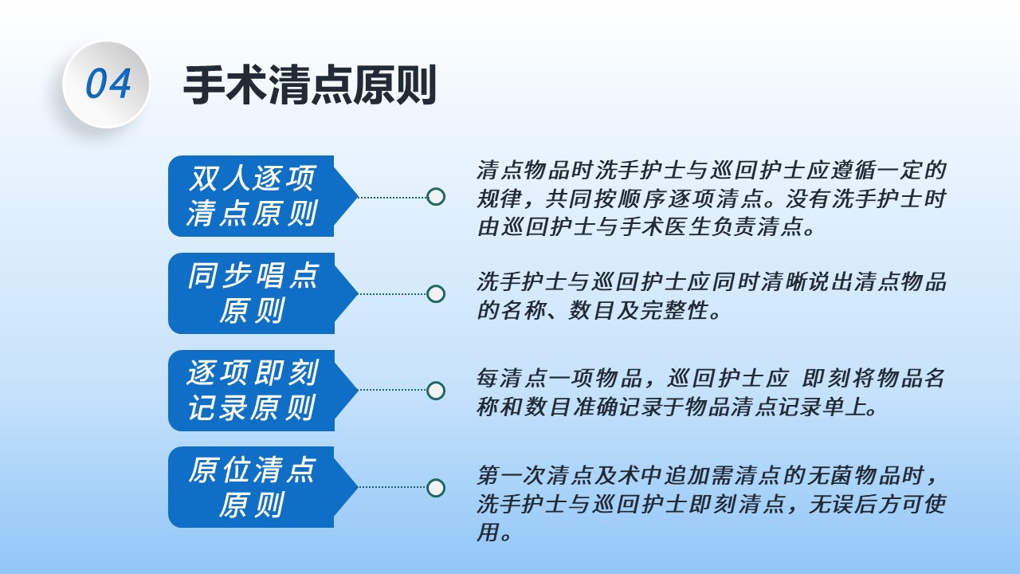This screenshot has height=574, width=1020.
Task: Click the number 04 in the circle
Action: [108, 84]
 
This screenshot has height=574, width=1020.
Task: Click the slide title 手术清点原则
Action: [310, 85]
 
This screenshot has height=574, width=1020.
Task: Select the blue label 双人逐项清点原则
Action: [263, 196]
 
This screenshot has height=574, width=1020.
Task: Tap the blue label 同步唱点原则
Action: [263, 293]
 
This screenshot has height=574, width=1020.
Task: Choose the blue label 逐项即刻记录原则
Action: [263, 391]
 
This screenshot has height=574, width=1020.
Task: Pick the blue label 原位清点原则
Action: [263, 487]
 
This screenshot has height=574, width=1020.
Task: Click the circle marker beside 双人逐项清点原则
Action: [436, 197]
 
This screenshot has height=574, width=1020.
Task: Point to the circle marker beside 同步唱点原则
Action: [436, 294]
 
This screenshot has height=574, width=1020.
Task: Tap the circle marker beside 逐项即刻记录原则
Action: [436, 391]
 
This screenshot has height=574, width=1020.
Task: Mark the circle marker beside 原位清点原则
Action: [436, 488]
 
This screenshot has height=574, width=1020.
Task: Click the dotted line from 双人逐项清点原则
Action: [393, 197]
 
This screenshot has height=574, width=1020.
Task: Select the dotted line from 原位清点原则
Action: [393, 487]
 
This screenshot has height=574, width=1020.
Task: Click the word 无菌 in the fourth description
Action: [830, 475]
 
